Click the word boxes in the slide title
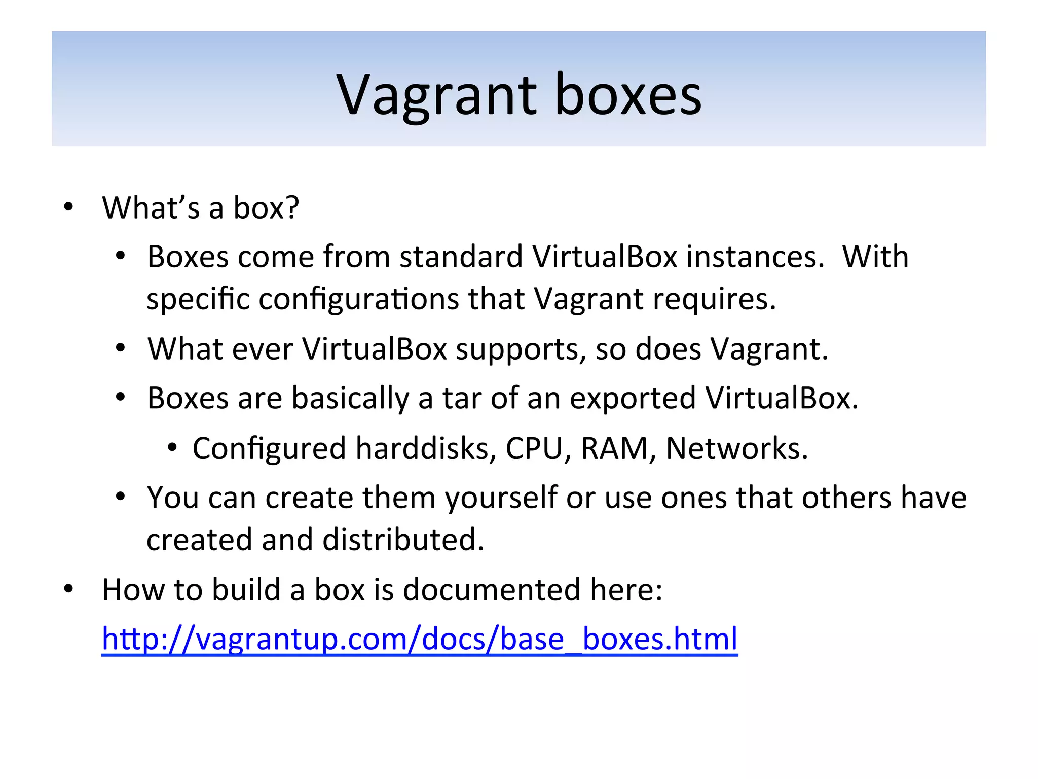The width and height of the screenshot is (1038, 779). coord(628,95)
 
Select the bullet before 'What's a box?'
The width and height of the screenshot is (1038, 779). coord(68,207)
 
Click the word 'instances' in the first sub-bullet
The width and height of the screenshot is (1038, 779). coord(755,257)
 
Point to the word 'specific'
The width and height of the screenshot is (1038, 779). coord(198,299)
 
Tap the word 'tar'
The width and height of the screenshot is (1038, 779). coord(462,398)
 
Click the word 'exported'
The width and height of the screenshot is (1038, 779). coord(633,398)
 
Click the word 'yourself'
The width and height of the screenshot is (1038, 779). coord(501,498)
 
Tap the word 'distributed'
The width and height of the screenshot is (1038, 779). coord(403,540)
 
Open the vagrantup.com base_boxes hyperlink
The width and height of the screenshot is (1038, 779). coord(420,639)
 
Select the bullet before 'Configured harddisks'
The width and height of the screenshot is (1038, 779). coord(173,447)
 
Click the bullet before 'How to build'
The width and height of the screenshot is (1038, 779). coord(68,589)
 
